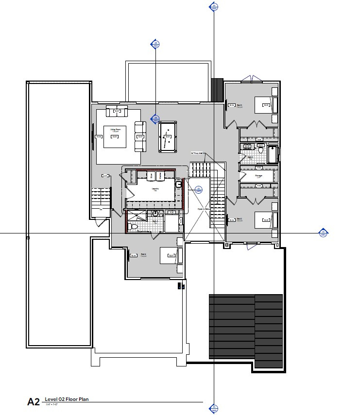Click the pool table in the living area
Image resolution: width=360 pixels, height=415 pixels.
point(168,136)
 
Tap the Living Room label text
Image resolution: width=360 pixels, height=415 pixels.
point(115,130)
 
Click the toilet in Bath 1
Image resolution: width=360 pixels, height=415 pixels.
point(135,226)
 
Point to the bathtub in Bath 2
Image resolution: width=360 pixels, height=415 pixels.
point(273,155)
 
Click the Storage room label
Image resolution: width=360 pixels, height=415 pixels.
point(258,176)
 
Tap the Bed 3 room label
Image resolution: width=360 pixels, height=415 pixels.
point(240,105)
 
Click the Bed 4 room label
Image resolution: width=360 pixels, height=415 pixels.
point(143,254)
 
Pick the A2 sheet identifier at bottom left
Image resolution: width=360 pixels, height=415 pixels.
point(33,401)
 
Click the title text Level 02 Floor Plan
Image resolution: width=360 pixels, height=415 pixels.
point(67,399)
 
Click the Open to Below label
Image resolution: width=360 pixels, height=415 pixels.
point(203,209)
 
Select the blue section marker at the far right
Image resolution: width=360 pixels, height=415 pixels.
point(322,233)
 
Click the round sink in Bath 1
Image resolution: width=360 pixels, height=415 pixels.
point(155,214)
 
